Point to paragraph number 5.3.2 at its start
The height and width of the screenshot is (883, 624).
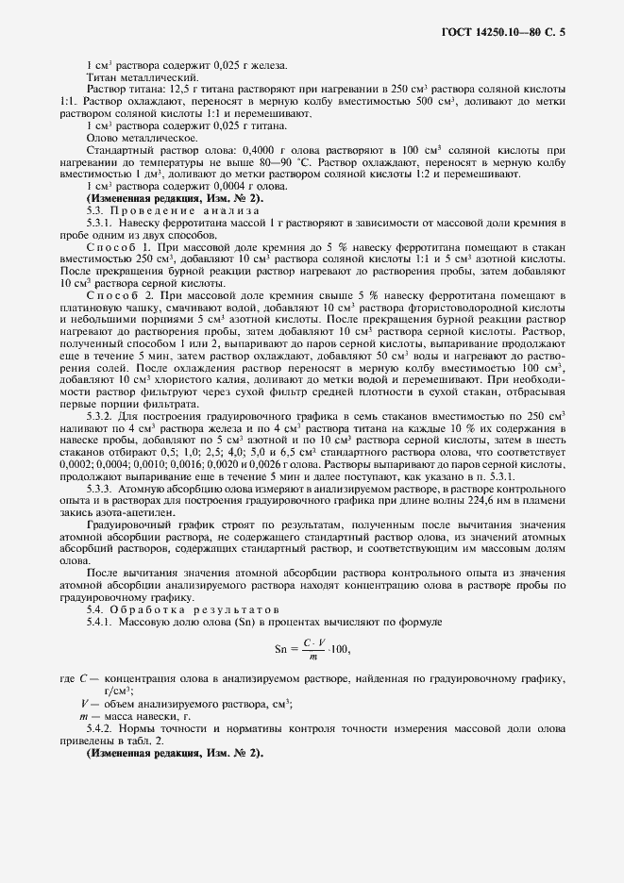pyautogui.click(x=99, y=416)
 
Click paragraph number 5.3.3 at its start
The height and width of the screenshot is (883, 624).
pyautogui.click(x=99, y=489)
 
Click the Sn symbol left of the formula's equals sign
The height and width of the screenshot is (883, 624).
pyautogui.click(x=281, y=650)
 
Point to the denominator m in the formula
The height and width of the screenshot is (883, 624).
pyautogui.click(x=315, y=658)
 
